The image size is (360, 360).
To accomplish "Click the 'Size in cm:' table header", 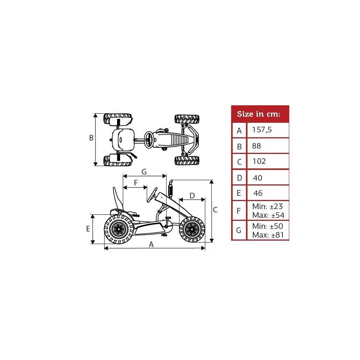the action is (259, 114).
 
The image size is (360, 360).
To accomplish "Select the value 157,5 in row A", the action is (262, 130).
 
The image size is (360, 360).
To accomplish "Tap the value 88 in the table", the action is (257, 146).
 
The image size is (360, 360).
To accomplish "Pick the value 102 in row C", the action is (259, 162).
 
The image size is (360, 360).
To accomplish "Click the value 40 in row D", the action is (258, 178).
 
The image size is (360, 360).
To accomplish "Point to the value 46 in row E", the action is (258, 193).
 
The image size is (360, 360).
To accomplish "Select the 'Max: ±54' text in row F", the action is (268, 216).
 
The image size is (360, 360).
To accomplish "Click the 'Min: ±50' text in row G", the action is (268, 226).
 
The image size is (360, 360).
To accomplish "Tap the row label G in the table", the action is (239, 230).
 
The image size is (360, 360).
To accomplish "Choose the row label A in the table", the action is (239, 131).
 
